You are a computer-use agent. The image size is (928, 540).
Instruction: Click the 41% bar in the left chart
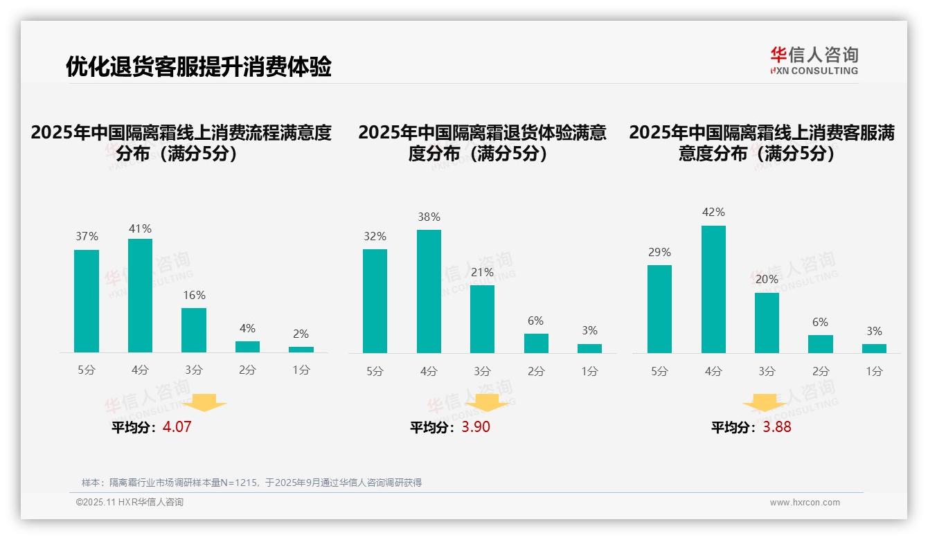[x=140, y=296]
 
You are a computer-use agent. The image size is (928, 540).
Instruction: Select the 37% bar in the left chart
[x=87, y=301]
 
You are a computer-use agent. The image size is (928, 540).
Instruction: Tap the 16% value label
[x=194, y=295]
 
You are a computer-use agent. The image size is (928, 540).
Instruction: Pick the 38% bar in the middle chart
[x=429, y=291]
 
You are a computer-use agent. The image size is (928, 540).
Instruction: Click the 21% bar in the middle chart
[x=482, y=319]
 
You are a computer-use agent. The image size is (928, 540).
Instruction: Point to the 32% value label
[x=375, y=236]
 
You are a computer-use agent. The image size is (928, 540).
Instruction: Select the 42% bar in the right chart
[x=713, y=289]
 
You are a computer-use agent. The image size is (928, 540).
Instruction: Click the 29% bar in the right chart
[x=659, y=309]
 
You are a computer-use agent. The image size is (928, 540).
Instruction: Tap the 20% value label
[x=767, y=279]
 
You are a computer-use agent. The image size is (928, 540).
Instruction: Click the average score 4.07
[x=177, y=426]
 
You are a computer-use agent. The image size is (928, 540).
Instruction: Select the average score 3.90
[x=476, y=426]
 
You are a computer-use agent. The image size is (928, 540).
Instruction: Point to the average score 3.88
[x=777, y=426]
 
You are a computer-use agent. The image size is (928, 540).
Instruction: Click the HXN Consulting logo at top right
[x=814, y=60]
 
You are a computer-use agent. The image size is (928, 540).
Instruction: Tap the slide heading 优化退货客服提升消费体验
[x=199, y=66]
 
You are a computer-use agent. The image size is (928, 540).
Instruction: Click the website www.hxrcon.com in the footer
[x=805, y=502]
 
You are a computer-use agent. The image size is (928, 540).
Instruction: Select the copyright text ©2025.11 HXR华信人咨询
[x=130, y=502]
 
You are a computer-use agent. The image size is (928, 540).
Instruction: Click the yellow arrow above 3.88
[x=765, y=402]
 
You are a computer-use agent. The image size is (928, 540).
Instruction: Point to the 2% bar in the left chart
[x=301, y=350]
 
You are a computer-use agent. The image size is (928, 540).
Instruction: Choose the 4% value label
[x=247, y=328]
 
